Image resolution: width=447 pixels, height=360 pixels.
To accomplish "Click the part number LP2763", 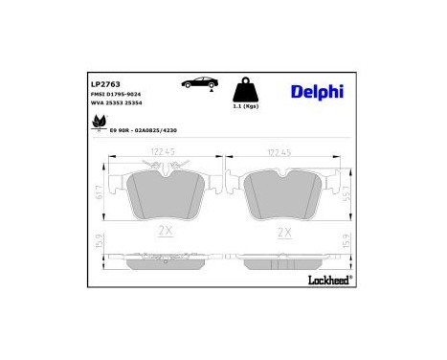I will pyautogui.click(x=93, y=85).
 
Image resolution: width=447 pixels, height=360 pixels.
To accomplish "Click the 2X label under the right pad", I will pyautogui.click(x=283, y=232).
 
